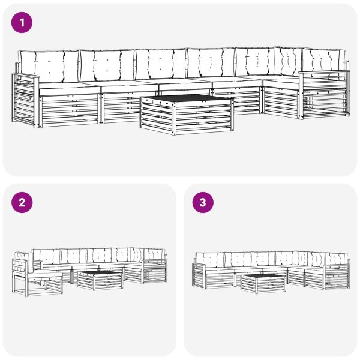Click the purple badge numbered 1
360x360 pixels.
(x=22, y=23)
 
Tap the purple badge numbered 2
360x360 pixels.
(x=22, y=203)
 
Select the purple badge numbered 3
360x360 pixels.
(x=202, y=203)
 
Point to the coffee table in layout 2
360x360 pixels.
(x=100, y=279)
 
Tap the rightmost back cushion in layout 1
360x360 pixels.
(x=324, y=60)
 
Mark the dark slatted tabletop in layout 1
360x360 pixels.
(x=186, y=98)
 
